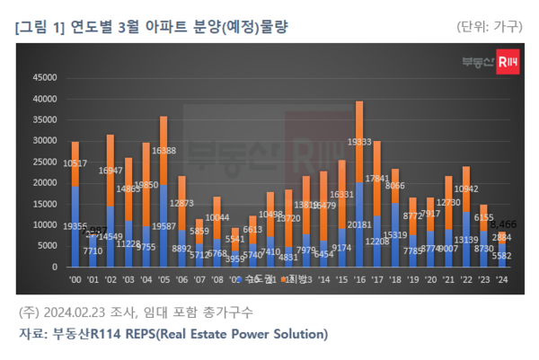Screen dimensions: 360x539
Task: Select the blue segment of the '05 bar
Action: [163, 225]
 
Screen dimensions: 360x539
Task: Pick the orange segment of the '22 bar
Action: [491, 189]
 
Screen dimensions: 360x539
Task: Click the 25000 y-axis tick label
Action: [44, 162]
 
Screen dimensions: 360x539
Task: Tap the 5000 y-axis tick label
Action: [47, 246]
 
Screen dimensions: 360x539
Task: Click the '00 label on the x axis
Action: [75, 279]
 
